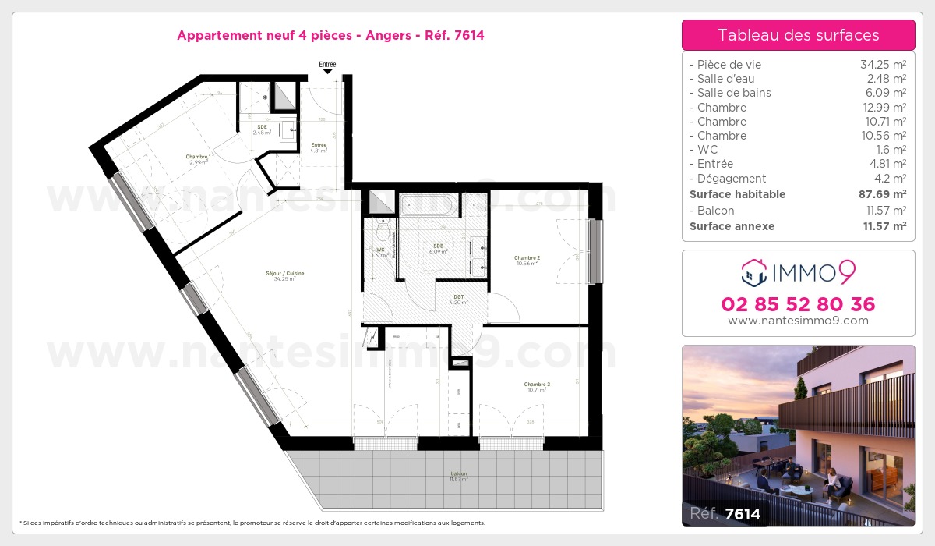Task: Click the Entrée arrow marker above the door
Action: coord(328,71)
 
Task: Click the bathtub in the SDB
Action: coord(429,205)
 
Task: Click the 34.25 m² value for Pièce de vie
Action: coord(882,65)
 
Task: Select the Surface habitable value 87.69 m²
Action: coord(882,194)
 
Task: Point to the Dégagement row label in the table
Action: coord(732,179)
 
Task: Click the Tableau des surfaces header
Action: coord(798,35)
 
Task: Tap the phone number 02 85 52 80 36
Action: coord(798,304)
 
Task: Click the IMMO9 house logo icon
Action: coord(753,272)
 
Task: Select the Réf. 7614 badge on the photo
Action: coord(725,513)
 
